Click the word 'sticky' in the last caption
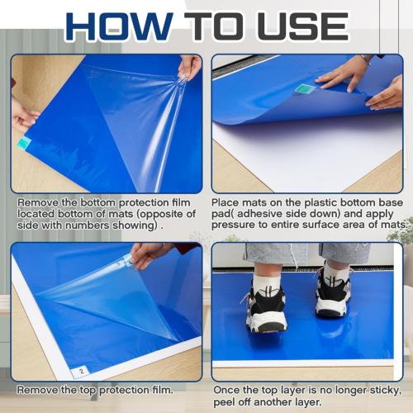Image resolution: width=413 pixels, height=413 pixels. pyautogui.click(x=382, y=389)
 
